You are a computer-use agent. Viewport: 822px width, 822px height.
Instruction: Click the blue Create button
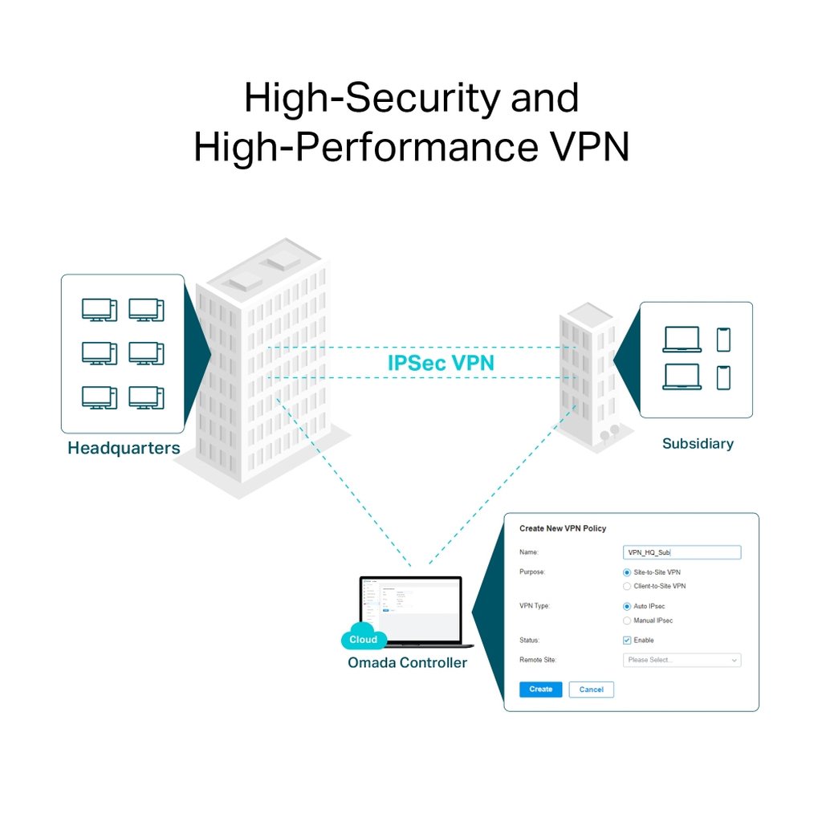coord(540,689)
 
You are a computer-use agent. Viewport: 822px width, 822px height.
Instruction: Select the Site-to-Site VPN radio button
coord(627,572)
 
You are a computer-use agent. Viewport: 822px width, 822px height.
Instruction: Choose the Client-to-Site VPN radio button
coord(627,586)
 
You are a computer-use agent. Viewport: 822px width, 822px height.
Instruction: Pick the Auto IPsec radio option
coord(627,606)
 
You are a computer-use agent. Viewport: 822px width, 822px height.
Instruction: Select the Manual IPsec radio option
coord(627,621)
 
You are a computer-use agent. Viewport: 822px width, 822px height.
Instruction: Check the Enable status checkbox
coord(627,640)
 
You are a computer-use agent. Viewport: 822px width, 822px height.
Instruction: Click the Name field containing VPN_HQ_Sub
coord(682,552)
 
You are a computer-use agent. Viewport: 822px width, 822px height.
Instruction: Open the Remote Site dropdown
coord(682,660)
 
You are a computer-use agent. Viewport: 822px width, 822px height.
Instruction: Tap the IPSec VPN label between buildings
coord(441,363)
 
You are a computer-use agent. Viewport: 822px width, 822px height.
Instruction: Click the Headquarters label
coord(124,448)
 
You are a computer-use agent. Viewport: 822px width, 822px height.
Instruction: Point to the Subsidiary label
coord(698,443)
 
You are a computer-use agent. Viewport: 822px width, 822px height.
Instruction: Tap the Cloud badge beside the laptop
coord(364,639)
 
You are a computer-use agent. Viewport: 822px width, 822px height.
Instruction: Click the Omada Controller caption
coord(407,662)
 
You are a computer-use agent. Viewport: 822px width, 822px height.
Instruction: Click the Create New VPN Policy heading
coord(563,528)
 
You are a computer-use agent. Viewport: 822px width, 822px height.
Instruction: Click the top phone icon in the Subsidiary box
coord(723,339)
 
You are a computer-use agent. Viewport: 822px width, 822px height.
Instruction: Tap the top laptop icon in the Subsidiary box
coord(682,339)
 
